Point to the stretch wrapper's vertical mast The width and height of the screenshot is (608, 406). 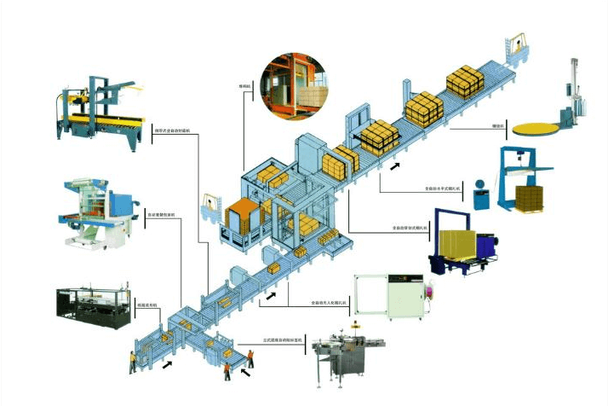[576, 85]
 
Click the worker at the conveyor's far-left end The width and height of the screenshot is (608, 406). [132, 362]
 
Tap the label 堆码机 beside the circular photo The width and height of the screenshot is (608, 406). [244, 86]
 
